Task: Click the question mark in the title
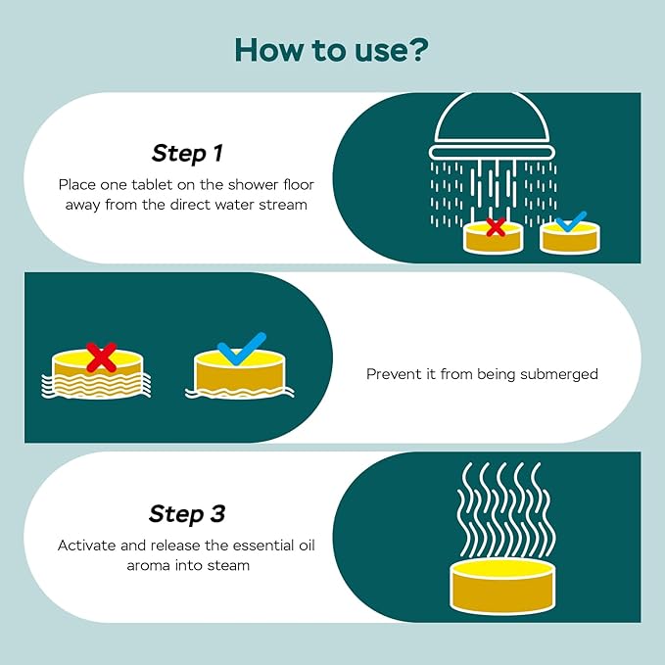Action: pyautogui.click(x=415, y=50)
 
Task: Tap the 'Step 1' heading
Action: pyautogui.click(x=187, y=153)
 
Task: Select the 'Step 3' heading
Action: pyautogui.click(x=187, y=513)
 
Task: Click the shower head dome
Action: pyautogui.click(x=493, y=118)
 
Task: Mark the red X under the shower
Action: pyautogui.click(x=496, y=227)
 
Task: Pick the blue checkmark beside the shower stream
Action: pyautogui.click(x=571, y=221)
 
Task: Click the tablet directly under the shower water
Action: pyautogui.click(x=493, y=238)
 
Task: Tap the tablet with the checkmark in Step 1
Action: pyautogui.click(x=571, y=239)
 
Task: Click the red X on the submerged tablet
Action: pyautogui.click(x=101, y=357)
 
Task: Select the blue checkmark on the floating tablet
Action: pyautogui.click(x=241, y=349)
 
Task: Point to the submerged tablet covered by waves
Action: pyautogui.click(x=97, y=374)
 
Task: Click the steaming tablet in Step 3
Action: pyautogui.click(x=501, y=587)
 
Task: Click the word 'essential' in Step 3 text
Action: pyautogui.click(x=258, y=545)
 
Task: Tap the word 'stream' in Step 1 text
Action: pyautogui.click(x=285, y=206)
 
